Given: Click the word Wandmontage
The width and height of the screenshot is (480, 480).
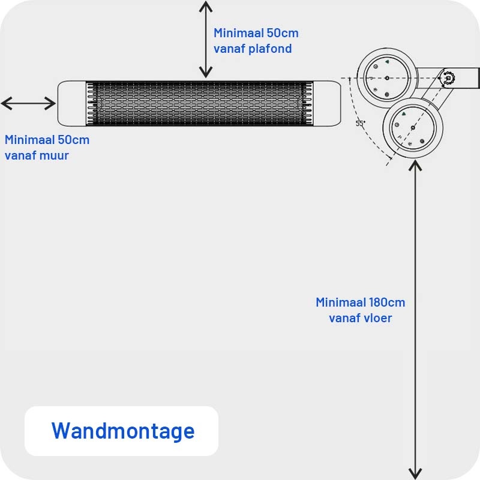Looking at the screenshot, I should coord(123,431).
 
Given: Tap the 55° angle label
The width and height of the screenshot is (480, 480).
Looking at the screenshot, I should coord(360,123).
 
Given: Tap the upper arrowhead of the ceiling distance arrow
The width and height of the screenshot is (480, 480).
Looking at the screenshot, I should coord(206,5).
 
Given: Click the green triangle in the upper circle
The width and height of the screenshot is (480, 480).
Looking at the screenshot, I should coord(387,62).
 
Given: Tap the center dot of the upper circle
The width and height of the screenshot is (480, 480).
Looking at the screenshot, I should coord(387,77).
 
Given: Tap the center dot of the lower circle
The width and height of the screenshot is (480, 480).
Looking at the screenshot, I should coord(412,128).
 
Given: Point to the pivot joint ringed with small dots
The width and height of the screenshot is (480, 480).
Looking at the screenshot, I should coord(449,77).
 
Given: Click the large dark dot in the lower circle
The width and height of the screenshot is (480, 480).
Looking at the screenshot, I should coord(422,141).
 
